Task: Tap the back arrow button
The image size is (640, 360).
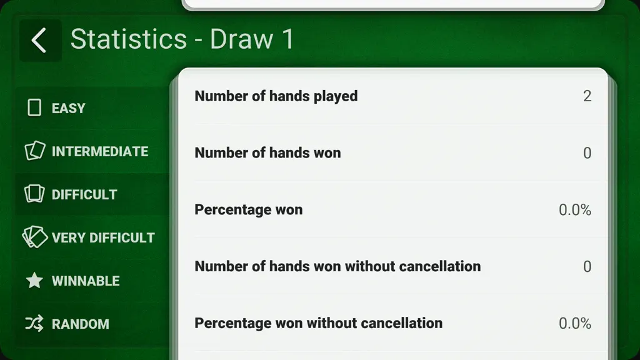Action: pos(40,41)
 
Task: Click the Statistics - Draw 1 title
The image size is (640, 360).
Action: pos(182,39)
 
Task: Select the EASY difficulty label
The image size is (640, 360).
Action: pos(69,108)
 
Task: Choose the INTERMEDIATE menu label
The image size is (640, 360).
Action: pos(100,151)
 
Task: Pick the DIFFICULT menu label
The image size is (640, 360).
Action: pos(84,195)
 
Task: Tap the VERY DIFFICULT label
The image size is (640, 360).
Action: pos(103,237)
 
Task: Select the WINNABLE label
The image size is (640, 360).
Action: pos(86,281)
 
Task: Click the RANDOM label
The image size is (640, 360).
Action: pos(81,324)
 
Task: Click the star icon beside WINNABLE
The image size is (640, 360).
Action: pos(34,281)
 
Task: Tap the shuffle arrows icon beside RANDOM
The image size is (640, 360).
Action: pos(34,324)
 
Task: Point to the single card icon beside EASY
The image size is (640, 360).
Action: pos(34,107)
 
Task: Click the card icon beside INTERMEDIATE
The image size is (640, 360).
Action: pos(35,151)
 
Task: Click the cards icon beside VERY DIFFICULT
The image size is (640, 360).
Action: pos(35,237)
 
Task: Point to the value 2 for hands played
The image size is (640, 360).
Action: pos(587,96)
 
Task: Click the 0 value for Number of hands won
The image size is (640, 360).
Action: pos(587,153)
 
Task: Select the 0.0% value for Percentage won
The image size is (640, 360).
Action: pos(575,210)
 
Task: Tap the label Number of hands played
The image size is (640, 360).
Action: pos(276,96)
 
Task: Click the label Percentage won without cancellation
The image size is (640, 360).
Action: pos(319,323)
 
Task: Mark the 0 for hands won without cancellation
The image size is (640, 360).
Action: pos(587,266)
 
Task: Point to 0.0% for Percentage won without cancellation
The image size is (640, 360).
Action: pos(575,323)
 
